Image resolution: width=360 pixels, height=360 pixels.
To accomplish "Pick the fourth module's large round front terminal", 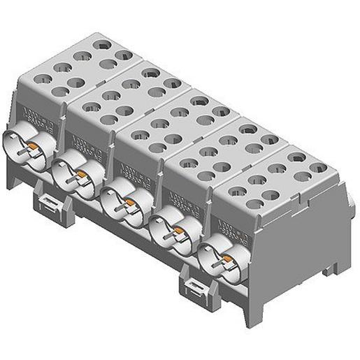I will pos(172,231).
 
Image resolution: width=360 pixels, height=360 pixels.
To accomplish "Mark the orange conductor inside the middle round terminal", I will pos(129,203).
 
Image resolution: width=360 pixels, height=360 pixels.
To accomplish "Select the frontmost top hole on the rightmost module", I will pos(256,203).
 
